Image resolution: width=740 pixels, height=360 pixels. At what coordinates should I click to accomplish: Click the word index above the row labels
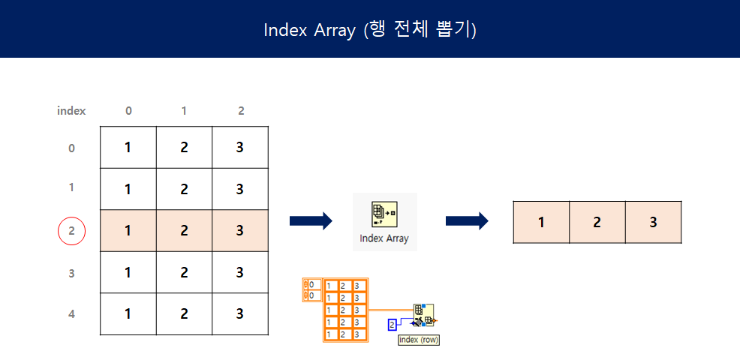point(71,110)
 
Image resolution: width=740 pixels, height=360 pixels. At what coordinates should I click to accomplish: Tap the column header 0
point(128,110)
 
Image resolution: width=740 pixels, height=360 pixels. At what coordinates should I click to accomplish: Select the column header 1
point(185,110)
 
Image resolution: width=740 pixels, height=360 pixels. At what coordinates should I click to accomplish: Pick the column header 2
point(241,110)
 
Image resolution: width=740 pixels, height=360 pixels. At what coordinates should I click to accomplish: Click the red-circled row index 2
point(72,231)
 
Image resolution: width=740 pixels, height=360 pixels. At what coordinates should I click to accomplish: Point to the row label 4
point(72,314)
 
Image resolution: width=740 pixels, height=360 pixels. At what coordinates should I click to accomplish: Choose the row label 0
point(72,148)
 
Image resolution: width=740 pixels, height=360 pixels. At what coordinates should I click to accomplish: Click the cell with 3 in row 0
point(240,148)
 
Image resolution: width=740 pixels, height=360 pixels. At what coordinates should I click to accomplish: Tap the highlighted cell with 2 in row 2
point(185,231)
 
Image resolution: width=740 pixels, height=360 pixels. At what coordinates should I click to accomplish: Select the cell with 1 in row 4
point(128,314)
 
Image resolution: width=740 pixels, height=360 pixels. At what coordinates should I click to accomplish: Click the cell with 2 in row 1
point(185,189)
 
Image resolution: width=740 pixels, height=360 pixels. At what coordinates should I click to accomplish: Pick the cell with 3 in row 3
point(240,273)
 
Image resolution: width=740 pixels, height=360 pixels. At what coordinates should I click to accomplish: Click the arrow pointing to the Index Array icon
point(310,220)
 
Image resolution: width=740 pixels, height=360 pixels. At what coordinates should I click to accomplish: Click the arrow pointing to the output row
point(466,220)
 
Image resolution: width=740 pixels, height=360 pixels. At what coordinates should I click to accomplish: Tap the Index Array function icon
point(384,214)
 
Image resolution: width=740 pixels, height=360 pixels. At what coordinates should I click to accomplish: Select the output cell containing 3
point(653,222)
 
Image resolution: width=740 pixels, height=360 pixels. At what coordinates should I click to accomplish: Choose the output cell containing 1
point(541,222)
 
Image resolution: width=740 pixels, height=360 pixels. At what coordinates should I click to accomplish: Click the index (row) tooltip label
point(419,340)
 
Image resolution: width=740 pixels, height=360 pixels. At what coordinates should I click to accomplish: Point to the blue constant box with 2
point(392,325)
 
